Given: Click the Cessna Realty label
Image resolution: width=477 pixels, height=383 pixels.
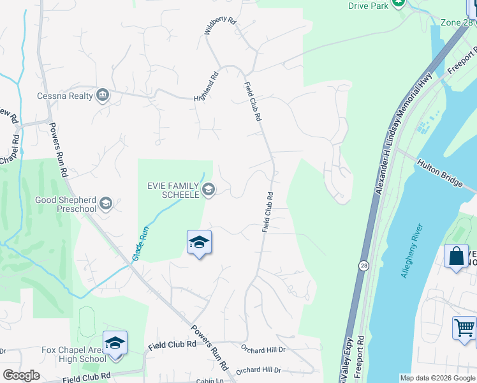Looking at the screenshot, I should point(64,96).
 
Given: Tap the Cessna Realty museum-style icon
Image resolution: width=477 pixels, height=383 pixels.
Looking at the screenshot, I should point(103,96).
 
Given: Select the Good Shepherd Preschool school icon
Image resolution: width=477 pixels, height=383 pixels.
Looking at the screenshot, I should point(106,204).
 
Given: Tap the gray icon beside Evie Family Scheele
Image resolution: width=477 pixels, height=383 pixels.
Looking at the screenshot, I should point(208,189).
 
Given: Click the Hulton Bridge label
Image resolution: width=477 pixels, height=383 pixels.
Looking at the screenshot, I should point(440,173).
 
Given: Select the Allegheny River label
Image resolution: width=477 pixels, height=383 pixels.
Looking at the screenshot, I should point(411,251).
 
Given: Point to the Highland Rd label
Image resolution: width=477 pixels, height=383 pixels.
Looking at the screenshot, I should point(207,86).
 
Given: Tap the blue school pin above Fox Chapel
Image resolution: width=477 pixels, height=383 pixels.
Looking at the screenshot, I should point(115,343).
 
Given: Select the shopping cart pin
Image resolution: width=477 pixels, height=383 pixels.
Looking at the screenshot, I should point(464,329).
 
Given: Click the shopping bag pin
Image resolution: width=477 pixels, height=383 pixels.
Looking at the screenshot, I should point(456,257).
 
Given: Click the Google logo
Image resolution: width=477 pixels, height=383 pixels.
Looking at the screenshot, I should point(22,375).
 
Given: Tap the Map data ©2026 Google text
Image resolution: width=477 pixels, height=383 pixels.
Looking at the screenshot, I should point(437,378).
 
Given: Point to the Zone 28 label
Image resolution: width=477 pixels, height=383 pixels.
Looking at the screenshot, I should point(458,23).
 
